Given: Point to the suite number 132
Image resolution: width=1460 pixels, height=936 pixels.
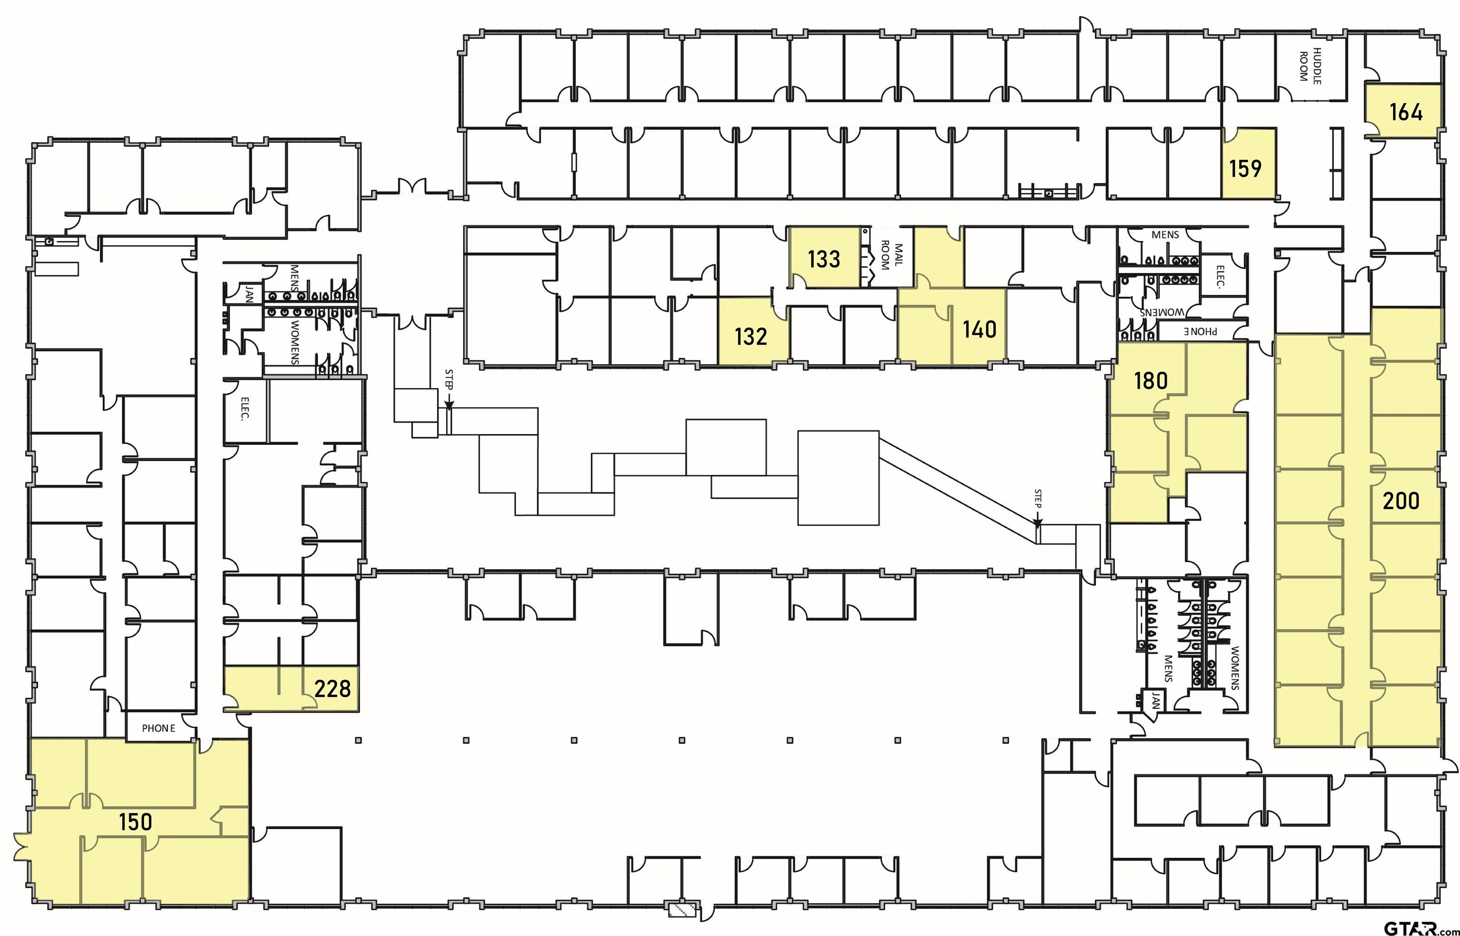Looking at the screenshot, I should coord(751,336).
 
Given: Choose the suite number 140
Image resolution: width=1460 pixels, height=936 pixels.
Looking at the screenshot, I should coord(980,329).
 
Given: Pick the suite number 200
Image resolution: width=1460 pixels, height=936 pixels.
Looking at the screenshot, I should coord(1401,501).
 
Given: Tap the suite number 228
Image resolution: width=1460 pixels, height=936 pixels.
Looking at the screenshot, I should coord(332,689).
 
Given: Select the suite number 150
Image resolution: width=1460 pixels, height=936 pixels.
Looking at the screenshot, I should coord(135,822).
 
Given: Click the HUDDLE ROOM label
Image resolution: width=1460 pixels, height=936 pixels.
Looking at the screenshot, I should coord(1310,66).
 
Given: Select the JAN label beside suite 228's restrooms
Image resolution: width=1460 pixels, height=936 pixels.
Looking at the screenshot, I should coord(249,295).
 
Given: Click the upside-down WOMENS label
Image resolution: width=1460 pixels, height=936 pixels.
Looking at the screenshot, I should coord(1162,312).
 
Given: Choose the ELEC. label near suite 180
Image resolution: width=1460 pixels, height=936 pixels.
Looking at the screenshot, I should coord(1220,276).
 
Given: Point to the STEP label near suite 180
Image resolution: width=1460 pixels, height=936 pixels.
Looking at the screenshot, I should coord(1038,498).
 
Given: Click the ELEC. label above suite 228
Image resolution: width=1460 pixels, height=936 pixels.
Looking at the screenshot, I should coord(245,408).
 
